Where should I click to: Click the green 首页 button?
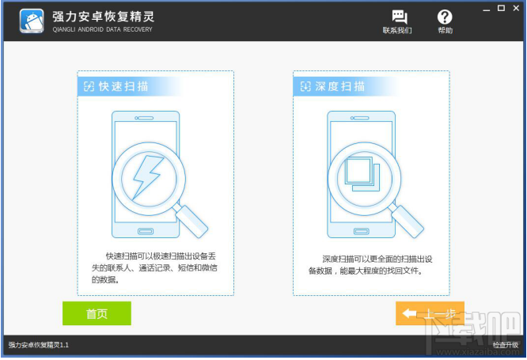click(x=97, y=313)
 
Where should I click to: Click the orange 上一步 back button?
click(x=430, y=313)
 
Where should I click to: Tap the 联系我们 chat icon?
click(x=397, y=17)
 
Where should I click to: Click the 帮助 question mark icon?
click(x=445, y=17)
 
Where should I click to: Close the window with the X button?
click(x=514, y=8)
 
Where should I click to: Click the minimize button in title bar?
click(x=485, y=8)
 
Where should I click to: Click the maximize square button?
click(x=499, y=8)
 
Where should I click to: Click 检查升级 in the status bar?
click(x=505, y=345)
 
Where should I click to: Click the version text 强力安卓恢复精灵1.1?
click(x=40, y=345)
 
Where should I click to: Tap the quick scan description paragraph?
click(x=154, y=268)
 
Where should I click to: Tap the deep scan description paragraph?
click(x=370, y=264)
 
